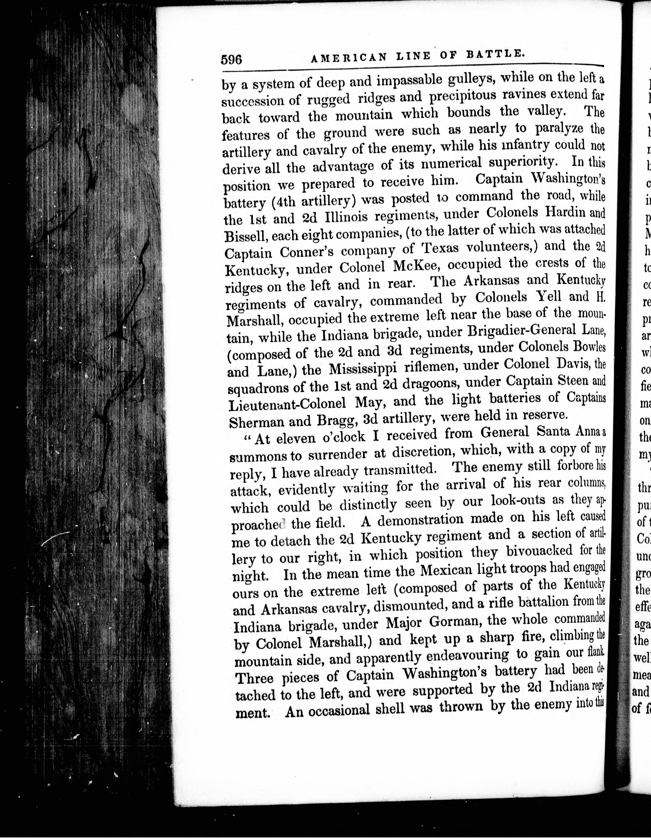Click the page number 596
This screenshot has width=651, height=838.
pos(231,60)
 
